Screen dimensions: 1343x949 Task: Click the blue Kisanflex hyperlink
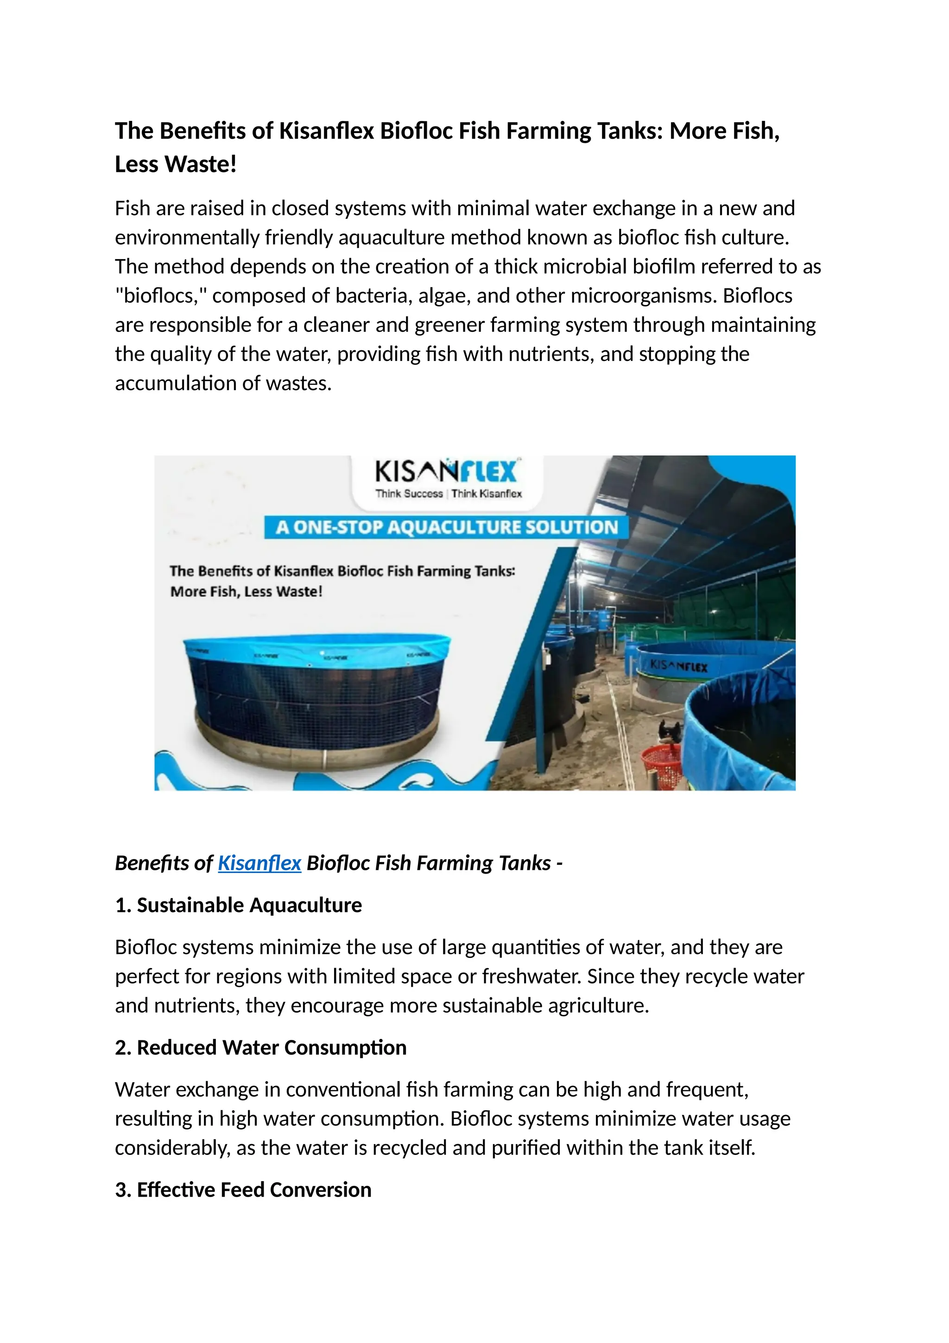pos(259,863)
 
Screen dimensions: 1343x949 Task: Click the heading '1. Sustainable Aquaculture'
pos(238,905)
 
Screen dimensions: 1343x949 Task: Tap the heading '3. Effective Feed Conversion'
pos(243,1189)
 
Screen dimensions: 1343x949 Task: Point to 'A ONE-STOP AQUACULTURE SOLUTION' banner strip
pos(447,527)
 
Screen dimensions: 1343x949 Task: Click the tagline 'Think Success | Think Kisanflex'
pos(449,494)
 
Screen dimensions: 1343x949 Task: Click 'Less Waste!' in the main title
pos(176,165)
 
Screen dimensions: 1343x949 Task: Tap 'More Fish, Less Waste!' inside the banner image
pos(246,591)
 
